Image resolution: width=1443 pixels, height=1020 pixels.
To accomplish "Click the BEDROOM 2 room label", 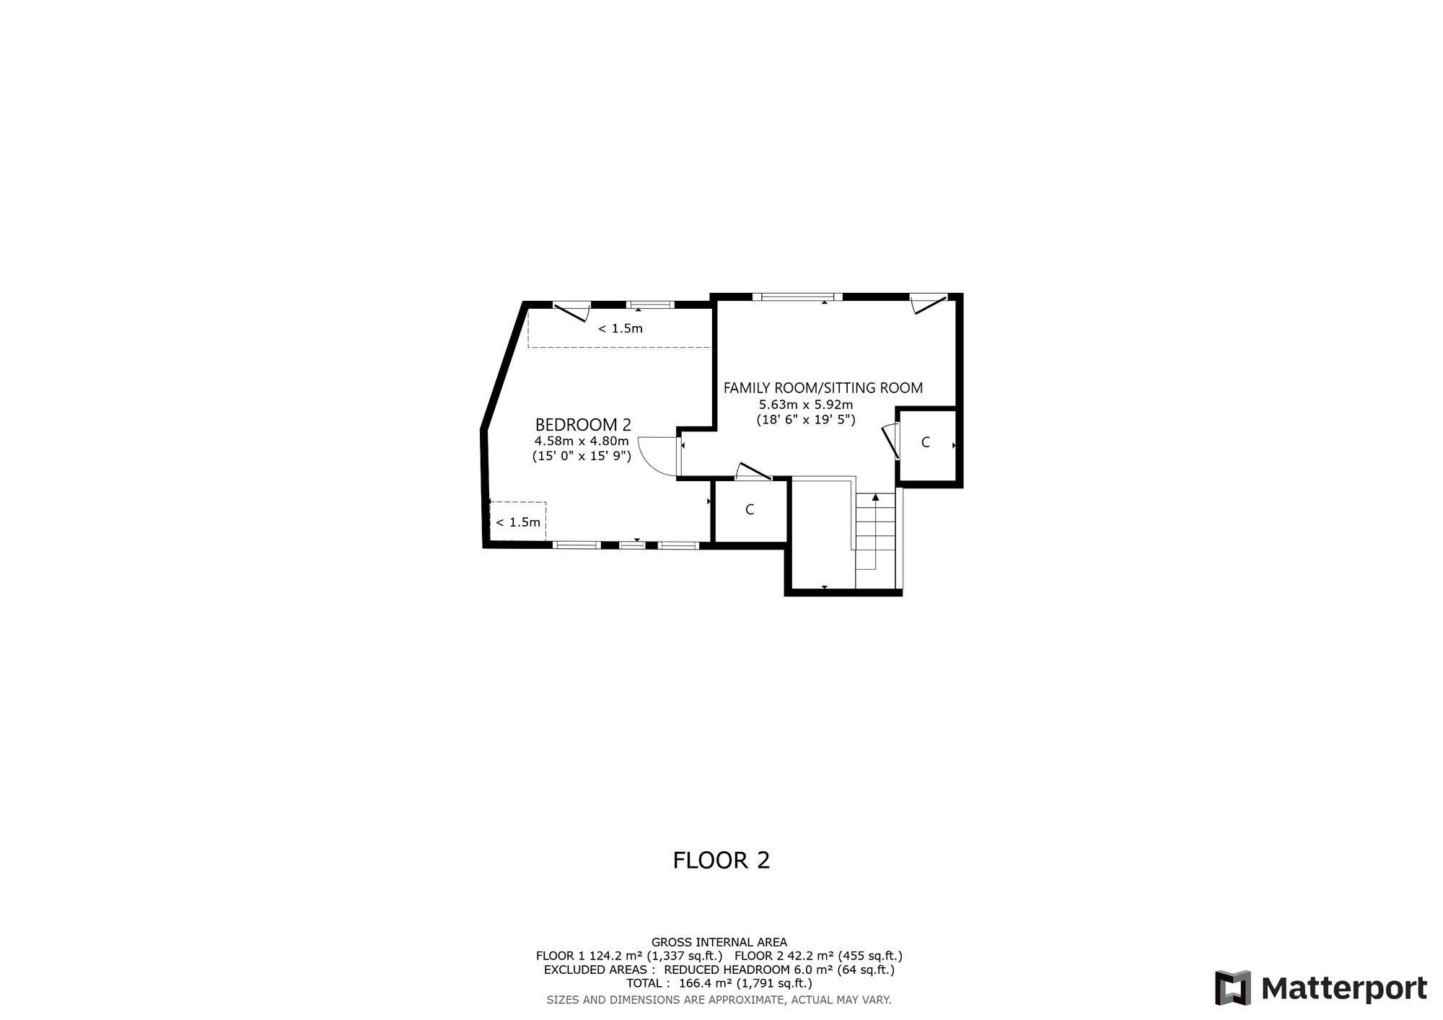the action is point(583,425).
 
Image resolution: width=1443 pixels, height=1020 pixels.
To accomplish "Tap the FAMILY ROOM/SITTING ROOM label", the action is point(823,388).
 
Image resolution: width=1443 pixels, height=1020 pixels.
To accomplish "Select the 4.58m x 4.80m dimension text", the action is point(582,441).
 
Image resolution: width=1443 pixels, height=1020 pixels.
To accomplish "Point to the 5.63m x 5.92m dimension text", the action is point(806,405).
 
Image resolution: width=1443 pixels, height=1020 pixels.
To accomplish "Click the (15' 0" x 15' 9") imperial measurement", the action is point(582,456).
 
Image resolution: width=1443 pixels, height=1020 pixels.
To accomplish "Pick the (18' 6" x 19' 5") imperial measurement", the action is point(806,419).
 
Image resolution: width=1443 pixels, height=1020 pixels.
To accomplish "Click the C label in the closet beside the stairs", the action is point(750,510).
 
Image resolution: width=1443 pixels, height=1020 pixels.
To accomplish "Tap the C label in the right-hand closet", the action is point(926,443).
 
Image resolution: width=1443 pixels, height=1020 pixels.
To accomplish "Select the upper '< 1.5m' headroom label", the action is point(620,329).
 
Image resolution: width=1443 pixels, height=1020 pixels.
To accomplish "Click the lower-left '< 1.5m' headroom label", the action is point(518,522).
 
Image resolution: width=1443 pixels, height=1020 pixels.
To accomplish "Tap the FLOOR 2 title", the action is point(721,861).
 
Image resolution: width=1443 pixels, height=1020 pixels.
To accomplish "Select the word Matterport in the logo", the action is point(1344,988).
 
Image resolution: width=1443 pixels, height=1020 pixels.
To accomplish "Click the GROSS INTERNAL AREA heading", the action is point(719,942).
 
